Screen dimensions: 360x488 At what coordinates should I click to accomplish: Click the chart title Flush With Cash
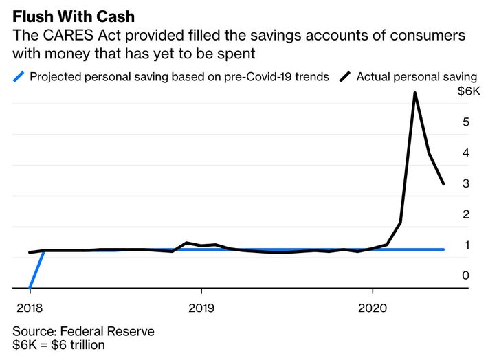pos(74,16)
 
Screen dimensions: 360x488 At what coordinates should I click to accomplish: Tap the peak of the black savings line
pos(414,93)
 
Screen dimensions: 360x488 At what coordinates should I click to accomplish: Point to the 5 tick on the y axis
pos(465,122)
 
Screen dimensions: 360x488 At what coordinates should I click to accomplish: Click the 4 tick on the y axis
pos(465,153)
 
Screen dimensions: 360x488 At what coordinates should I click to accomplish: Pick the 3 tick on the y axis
pos(465,183)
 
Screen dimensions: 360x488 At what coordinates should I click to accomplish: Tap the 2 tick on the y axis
pos(465,214)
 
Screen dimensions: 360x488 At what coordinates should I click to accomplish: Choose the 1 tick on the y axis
pos(465,245)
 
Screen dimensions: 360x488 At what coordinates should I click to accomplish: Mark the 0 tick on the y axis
pos(465,275)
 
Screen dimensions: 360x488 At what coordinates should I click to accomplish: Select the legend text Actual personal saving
pos(417,76)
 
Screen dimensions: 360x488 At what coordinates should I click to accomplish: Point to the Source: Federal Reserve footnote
pos(83,332)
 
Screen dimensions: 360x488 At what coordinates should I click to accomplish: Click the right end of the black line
pos(444,184)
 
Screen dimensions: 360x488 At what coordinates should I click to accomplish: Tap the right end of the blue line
pos(443,249)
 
